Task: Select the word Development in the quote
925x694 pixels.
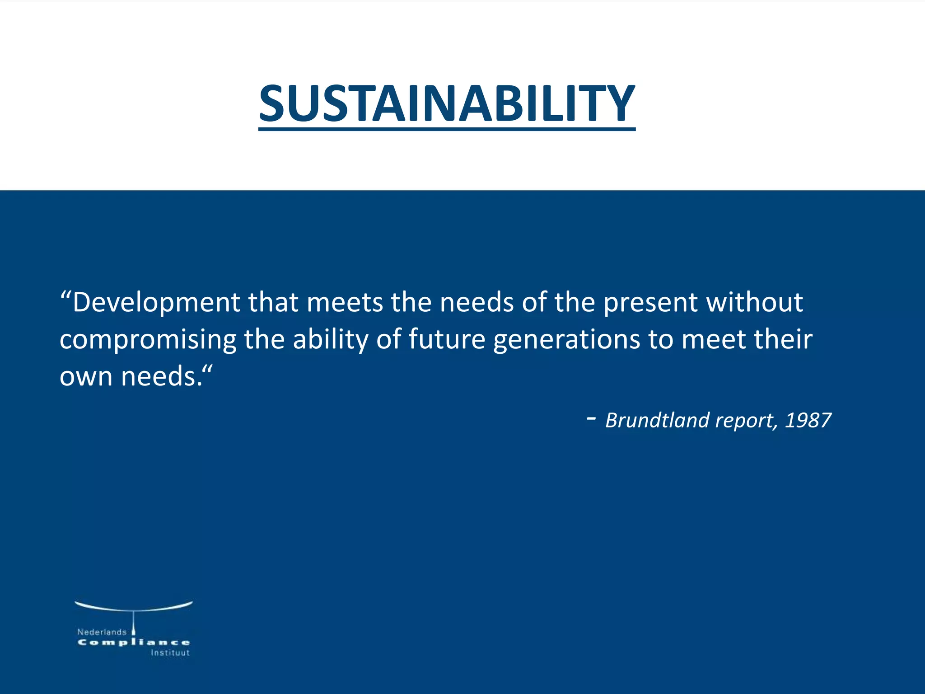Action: (156, 302)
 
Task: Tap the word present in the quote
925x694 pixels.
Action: (651, 302)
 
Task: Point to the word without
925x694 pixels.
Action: (755, 302)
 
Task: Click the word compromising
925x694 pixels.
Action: (148, 340)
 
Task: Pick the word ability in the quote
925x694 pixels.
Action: (331, 340)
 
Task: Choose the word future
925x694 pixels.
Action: (447, 340)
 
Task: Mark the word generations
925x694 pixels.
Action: (566, 340)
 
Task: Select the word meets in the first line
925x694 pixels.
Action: (345, 302)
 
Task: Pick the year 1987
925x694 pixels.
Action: (808, 420)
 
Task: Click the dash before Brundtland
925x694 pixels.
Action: (591, 419)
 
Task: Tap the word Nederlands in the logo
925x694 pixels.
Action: (102, 632)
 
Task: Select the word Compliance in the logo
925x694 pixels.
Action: (134, 642)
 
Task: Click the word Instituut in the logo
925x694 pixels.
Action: (170, 653)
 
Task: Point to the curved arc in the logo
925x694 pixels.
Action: (134, 607)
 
